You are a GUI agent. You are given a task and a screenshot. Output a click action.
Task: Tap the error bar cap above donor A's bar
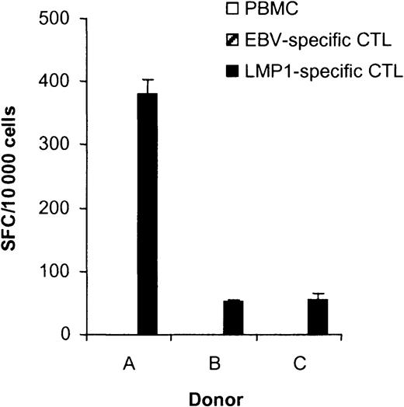coord(147,79)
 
